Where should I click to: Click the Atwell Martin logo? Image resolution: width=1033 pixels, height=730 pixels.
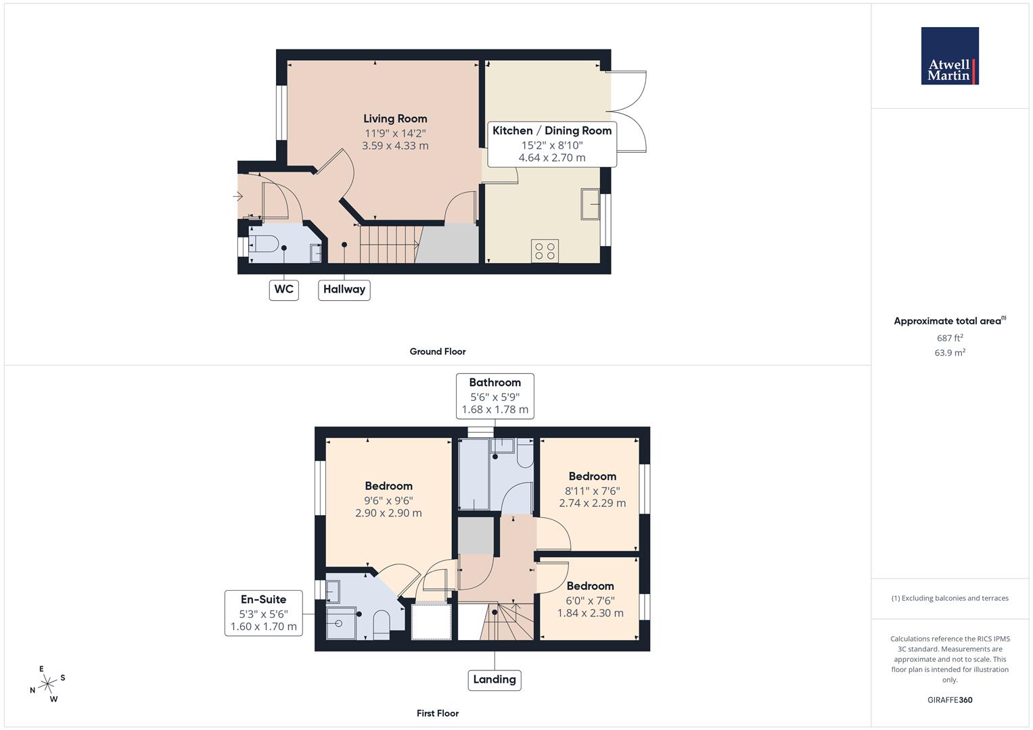[x=949, y=56]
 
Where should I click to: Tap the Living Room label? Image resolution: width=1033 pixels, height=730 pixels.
[x=395, y=119]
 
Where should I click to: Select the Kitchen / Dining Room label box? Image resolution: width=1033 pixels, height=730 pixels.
[x=551, y=143]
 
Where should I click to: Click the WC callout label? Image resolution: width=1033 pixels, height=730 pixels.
[x=283, y=289]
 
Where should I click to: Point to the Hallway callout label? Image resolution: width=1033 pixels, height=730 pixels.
[x=344, y=289]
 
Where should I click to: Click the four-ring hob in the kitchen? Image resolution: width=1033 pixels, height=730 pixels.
[x=545, y=251]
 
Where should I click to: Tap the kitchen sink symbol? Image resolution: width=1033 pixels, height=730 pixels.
[x=589, y=203]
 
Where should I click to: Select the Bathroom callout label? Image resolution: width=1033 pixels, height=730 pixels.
[x=495, y=395]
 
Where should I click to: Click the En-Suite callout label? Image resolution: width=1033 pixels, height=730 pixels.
[x=263, y=612]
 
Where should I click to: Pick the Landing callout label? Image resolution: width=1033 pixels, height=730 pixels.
[x=494, y=679]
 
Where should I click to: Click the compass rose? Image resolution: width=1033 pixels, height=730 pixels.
[x=47, y=684]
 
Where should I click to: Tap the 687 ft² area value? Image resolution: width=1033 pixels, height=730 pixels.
[x=949, y=338]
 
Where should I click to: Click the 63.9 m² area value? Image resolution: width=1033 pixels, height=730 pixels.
[x=949, y=353]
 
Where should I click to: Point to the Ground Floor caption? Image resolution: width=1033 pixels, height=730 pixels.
[x=437, y=351]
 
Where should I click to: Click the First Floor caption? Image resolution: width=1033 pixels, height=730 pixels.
[x=437, y=713]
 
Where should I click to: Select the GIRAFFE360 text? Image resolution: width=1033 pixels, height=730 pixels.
[x=949, y=700]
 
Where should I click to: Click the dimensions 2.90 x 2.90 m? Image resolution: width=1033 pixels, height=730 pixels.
[x=388, y=513]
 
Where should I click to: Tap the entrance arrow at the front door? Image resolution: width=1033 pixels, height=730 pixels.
[x=237, y=197]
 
